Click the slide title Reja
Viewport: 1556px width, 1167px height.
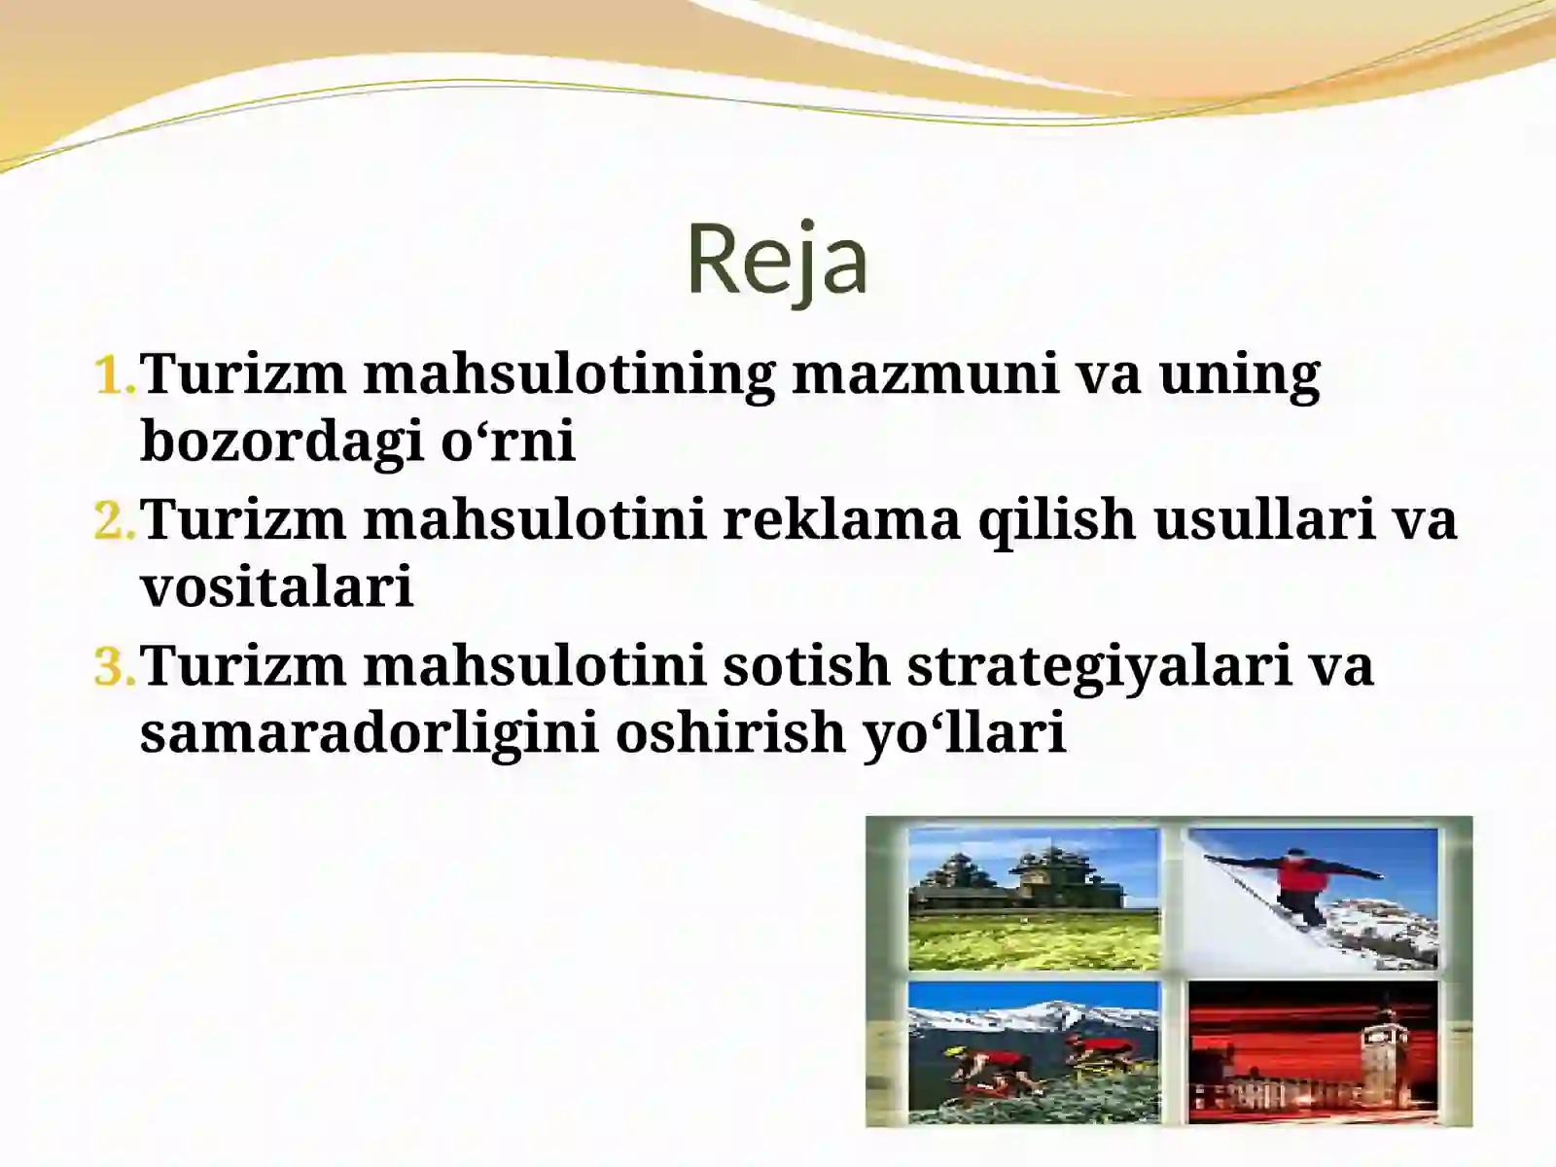pyautogui.click(x=776, y=259)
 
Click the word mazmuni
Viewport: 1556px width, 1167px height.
pyautogui.click(x=925, y=373)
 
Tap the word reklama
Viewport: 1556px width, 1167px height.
pyautogui.click(x=840, y=519)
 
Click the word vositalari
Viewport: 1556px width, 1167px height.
pyautogui.click(x=277, y=586)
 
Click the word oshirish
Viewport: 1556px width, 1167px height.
pyautogui.click(x=729, y=733)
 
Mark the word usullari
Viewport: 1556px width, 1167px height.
pyautogui.click(x=1264, y=519)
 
